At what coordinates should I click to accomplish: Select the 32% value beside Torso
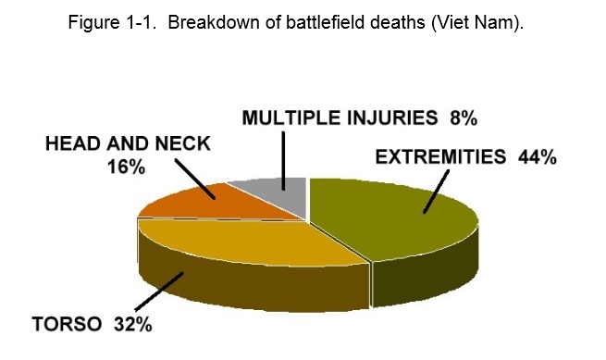pyautogui.click(x=133, y=326)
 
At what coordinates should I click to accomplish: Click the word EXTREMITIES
pyautogui.click(x=439, y=157)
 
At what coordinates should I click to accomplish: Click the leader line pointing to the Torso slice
pyautogui.click(x=159, y=293)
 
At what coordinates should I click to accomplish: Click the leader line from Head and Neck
pyautogui.click(x=197, y=179)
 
